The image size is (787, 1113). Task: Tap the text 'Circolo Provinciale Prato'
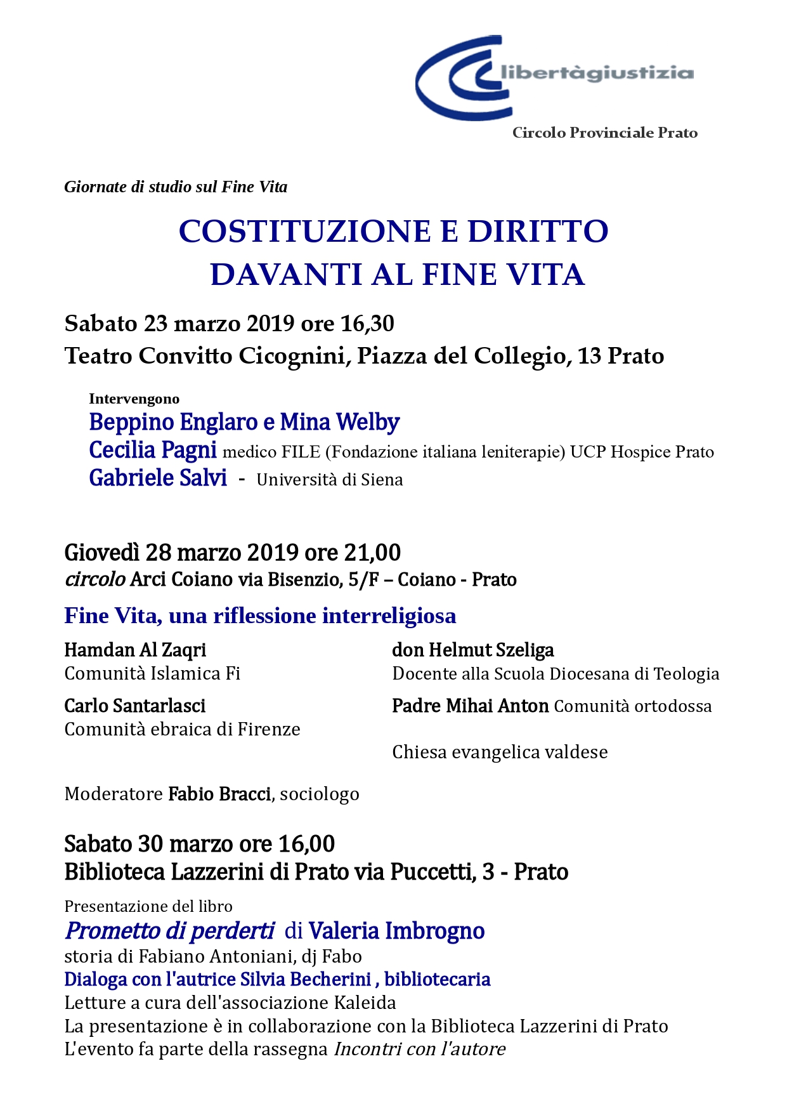point(604,133)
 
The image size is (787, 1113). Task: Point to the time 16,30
point(367,324)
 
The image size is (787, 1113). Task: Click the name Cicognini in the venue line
point(291,356)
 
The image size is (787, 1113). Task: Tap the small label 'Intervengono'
point(134,398)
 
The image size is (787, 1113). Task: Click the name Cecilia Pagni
point(153,450)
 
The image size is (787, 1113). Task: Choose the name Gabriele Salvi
point(158,478)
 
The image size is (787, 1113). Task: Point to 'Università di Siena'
point(329,480)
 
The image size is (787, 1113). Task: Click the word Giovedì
point(101,553)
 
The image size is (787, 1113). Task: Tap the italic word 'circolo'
point(94,579)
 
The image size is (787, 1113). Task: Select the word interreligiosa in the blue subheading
point(389,616)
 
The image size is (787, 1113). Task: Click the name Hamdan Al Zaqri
point(135,650)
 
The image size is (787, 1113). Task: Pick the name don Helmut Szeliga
point(472,650)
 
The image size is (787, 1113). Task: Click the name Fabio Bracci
point(219,794)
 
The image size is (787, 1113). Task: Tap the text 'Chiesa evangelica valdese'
point(500,752)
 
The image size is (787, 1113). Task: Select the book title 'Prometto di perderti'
point(170,931)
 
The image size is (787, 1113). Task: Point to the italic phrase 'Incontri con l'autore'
point(419,1049)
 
